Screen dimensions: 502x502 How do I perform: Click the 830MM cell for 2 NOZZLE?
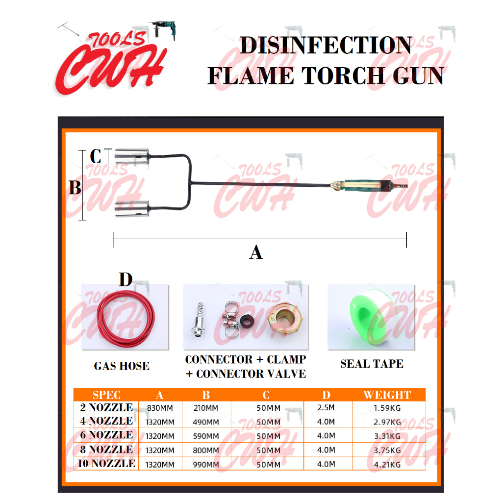[x=160, y=408]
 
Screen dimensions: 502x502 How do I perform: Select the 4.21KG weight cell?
[x=387, y=464]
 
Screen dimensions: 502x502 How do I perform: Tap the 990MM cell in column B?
[x=206, y=464]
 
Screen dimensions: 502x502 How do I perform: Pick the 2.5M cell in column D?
[x=326, y=407]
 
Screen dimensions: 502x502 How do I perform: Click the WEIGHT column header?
[x=387, y=395]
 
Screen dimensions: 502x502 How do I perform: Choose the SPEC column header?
[x=106, y=395]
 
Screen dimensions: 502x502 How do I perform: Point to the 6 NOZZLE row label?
[x=106, y=435]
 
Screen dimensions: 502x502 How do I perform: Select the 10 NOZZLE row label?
[x=106, y=463]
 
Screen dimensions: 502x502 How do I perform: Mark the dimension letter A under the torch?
[x=256, y=252]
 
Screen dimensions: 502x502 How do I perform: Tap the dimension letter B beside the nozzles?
[x=75, y=188]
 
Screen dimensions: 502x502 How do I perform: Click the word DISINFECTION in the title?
[x=326, y=46]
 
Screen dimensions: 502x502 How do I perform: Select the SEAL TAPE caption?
[x=372, y=364]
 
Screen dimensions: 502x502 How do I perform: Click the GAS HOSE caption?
[x=122, y=366]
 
